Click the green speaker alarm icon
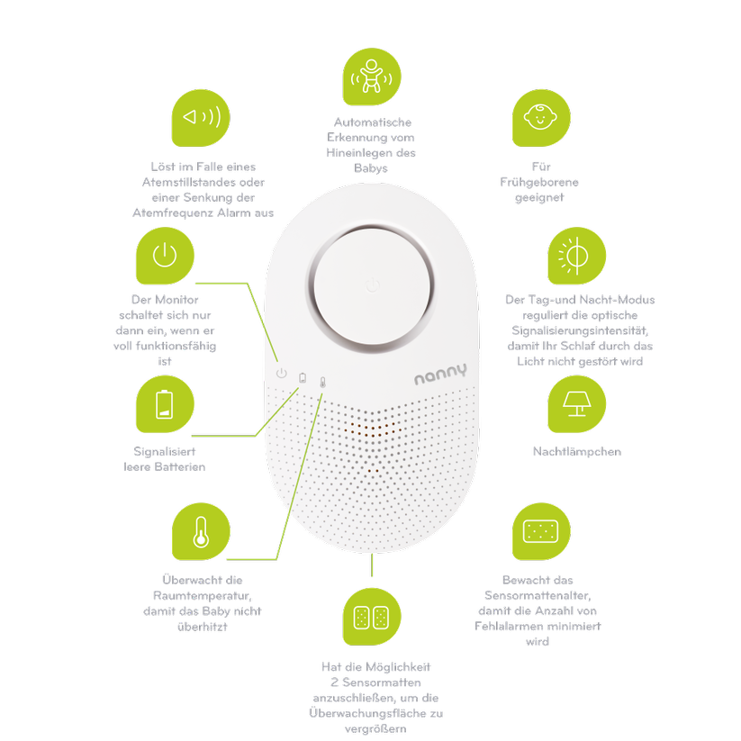pos(201,118)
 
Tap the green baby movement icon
pos(372,77)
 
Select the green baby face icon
pos(541,118)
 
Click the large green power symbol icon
pos(165,256)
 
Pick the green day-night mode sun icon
pos(576,256)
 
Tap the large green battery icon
pos(165,404)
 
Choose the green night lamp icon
pos(576,404)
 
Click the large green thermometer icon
pos(201,531)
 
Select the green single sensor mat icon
pos(541,531)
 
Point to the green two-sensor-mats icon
pos(372,617)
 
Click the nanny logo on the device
pos(440,374)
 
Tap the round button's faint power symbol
pos(373,285)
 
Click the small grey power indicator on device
pos(282,374)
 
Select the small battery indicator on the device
pos(303,378)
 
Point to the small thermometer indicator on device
pos(322,383)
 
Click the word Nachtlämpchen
pos(577,451)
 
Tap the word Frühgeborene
pos(539,183)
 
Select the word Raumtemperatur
pos(203,595)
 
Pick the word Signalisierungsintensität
pos(580,330)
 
